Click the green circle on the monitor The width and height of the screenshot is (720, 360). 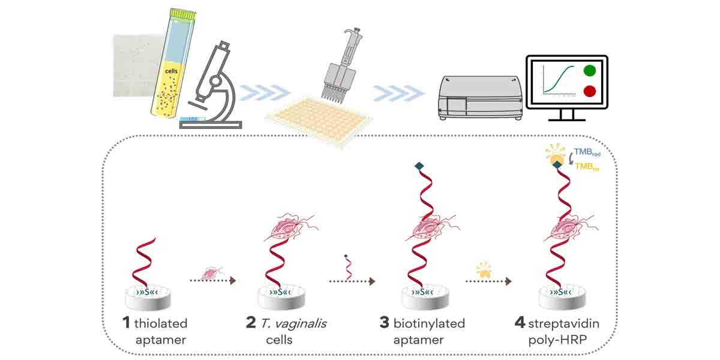[590, 71]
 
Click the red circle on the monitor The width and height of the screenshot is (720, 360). [590, 92]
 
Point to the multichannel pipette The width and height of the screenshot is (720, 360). [338, 66]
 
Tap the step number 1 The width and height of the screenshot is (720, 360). [126, 323]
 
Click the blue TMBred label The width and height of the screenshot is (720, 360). [587, 153]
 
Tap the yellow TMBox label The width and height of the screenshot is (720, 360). [587, 167]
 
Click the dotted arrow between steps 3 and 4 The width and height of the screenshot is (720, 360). [490, 280]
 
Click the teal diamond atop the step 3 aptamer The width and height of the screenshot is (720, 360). [418, 167]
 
